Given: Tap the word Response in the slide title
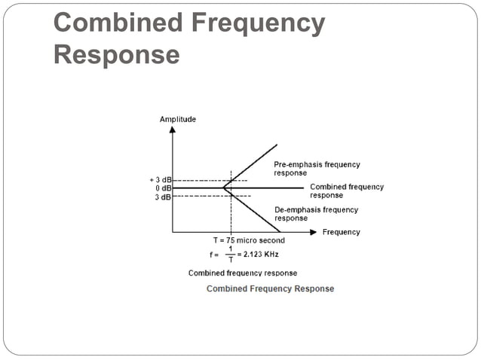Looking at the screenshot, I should pos(117,55).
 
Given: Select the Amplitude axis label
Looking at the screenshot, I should pos(178,119).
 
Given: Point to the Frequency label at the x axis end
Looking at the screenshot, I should pos(341,232).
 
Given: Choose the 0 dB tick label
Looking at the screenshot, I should pos(161,188).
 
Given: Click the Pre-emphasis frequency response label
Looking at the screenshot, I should pos(316,169).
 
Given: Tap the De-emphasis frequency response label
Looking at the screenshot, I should pos(316,214).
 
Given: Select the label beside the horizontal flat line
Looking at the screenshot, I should pos(346,191).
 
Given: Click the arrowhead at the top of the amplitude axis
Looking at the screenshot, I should pos(173,130).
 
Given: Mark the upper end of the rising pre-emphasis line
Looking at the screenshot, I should pos(277,144).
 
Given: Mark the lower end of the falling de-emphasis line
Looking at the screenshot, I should pos(280,231).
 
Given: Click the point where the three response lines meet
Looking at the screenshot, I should pos(224,188).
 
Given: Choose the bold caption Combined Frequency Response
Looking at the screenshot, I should pos(270,288).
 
